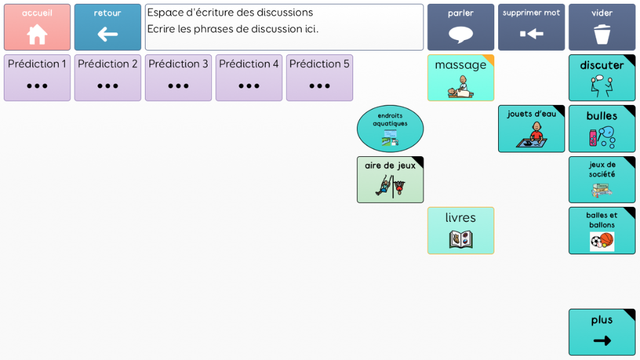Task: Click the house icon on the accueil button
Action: (37, 34)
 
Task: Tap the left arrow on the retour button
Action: (107, 34)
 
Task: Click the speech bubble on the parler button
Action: (461, 34)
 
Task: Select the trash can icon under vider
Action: (602, 34)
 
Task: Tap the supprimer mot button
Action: (531, 27)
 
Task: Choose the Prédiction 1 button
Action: (37, 77)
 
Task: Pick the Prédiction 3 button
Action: (178, 77)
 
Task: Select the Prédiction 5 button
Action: (319, 77)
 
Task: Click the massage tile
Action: (461, 77)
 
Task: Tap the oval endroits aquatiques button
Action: (390, 128)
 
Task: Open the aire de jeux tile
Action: (390, 179)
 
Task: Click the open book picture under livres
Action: (461, 239)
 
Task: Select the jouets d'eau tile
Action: (531, 128)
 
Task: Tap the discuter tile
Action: (602, 77)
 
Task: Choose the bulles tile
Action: (602, 128)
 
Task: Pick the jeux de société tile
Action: (602, 179)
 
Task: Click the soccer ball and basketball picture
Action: (602, 241)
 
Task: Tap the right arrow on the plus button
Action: (602, 341)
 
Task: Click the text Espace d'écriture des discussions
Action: (230, 12)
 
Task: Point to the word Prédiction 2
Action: (107, 64)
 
